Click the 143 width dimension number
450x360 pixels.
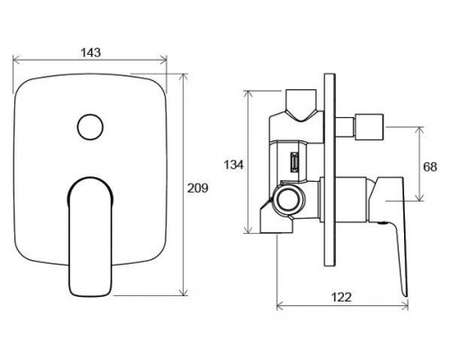pyautogui.click(x=91, y=52)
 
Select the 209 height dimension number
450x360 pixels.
pyautogui.click(x=198, y=188)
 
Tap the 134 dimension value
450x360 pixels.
pyautogui.click(x=234, y=165)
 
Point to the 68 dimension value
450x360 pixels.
pyautogui.click(x=430, y=166)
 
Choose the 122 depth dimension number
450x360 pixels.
pyautogui.click(x=341, y=297)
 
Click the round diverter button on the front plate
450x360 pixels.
pyautogui.click(x=90, y=127)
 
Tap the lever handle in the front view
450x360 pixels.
pyautogui.click(x=90, y=237)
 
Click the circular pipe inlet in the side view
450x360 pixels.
pyautogui.click(x=289, y=200)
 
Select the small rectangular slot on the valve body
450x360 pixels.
pyautogui.click(x=294, y=162)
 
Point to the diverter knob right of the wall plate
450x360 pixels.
pyautogui.click(x=369, y=127)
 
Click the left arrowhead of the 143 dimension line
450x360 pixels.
pyautogui.click(x=15, y=59)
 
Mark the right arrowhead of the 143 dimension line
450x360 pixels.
pyautogui.click(x=164, y=59)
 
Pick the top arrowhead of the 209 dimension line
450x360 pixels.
pyautogui.click(x=183, y=76)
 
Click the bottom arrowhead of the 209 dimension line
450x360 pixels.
pyautogui.click(x=183, y=292)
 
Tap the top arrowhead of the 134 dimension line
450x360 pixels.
pyautogui.click(x=247, y=94)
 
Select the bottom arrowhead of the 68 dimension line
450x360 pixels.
pyautogui.click(x=419, y=197)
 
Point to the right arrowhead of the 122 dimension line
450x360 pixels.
pyautogui.click(x=405, y=306)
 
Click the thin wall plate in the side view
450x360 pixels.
pyautogui.click(x=329, y=169)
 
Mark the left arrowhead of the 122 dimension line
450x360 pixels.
pyautogui.click(x=280, y=306)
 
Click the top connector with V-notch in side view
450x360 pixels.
pyautogui.click(x=301, y=105)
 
